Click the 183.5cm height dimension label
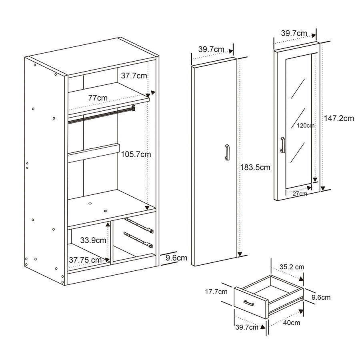click(x=255, y=168)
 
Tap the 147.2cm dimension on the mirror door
click(x=339, y=118)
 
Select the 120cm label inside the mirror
click(x=306, y=126)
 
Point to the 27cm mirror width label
click(x=300, y=194)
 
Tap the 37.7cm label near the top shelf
click(x=134, y=75)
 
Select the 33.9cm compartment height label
click(x=93, y=240)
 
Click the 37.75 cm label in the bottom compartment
click(x=85, y=260)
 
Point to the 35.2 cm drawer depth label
click(x=292, y=267)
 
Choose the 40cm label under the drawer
click(x=292, y=323)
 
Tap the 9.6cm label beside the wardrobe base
click(x=176, y=258)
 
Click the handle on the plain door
click(x=227, y=153)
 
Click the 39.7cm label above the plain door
click(x=211, y=49)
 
